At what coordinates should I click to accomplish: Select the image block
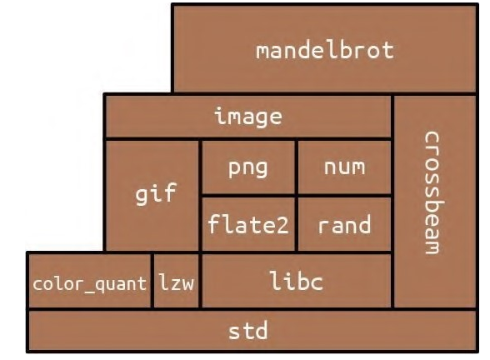coord(247,117)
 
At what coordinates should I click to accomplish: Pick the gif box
coord(153,195)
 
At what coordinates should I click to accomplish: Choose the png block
coord(248,167)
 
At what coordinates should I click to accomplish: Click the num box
coord(344,167)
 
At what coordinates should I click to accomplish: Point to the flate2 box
coord(248,225)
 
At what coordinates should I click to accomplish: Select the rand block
coord(344,225)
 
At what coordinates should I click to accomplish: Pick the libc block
coord(296,282)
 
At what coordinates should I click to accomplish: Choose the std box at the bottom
coord(247,331)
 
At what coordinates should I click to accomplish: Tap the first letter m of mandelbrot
coord(262,50)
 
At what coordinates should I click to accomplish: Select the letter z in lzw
coord(177,282)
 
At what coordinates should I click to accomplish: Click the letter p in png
coord(233,168)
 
